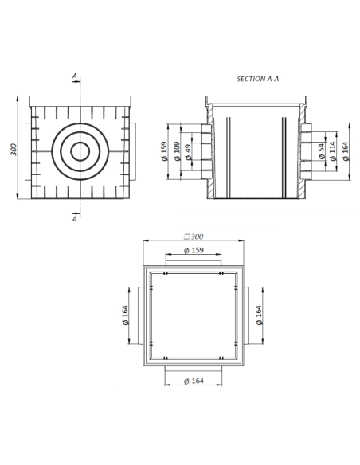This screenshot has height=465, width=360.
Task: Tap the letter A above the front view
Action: [75, 76]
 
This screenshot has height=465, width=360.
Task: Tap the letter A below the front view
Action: [75, 219]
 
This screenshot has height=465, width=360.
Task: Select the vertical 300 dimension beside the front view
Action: [14, 150]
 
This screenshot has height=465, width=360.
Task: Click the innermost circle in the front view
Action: [80, 150]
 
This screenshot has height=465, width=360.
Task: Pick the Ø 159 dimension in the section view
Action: [164, 151]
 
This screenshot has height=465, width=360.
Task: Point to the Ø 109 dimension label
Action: [176, 151]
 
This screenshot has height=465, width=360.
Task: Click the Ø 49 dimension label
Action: [188, 151]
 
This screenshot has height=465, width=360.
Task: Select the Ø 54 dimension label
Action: [322, 151]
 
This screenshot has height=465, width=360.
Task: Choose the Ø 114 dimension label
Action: [334, 151]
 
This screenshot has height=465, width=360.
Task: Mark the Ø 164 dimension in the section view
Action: [346, 151]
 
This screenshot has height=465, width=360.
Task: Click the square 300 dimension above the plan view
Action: [194, 236]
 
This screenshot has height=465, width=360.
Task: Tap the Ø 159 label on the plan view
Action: [194, 250]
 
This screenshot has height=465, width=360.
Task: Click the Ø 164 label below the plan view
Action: [194, 381]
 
